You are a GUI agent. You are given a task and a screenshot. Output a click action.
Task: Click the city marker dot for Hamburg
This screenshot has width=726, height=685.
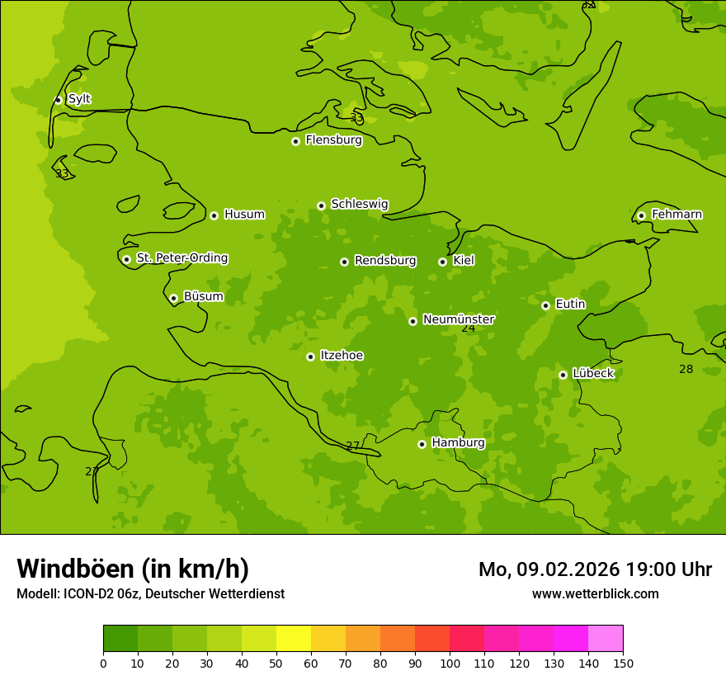[x=422, y=444]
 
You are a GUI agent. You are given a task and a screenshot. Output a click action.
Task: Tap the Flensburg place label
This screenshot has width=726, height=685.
[x=333, y=140]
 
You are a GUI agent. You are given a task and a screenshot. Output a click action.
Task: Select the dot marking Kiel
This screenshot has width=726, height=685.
[x=442, y=262]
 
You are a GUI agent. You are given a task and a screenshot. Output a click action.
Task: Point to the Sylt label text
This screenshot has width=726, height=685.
[x=79, y=99]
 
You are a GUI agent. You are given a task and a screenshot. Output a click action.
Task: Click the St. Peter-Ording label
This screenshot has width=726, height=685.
[x=181, y=258]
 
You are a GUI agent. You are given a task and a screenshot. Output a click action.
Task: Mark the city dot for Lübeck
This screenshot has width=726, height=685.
[x=563, y=375]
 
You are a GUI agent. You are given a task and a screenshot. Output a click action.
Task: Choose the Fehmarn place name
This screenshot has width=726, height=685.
[x=676, y=215]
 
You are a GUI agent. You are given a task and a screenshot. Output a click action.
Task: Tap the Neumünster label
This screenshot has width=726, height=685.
[x=458, y=319]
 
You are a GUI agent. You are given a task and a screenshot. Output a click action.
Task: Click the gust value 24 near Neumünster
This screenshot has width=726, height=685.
[x=469, y=328]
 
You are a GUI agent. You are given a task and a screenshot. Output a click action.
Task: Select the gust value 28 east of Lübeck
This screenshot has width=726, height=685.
[x=686, y=369]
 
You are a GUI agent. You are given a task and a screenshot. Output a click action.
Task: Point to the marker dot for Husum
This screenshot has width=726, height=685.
[x=214, y=215]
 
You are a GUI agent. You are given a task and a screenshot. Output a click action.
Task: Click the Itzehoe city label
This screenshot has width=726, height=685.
[x=342, y=356]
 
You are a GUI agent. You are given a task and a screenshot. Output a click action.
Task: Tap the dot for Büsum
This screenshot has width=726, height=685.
[x=173, y=298]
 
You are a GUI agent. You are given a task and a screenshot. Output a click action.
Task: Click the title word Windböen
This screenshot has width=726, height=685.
[x=75, y=569]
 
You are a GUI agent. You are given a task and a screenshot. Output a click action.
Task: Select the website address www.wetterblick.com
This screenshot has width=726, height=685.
[x=595, y=593]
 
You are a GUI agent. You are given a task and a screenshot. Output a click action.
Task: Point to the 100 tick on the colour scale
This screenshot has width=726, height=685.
[x=450, y=663]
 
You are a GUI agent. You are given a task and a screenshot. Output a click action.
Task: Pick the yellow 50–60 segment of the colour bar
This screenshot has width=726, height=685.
[x=294, y=638]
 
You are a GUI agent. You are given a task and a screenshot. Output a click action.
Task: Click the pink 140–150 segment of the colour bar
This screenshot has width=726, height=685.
[x=606, y=638]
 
